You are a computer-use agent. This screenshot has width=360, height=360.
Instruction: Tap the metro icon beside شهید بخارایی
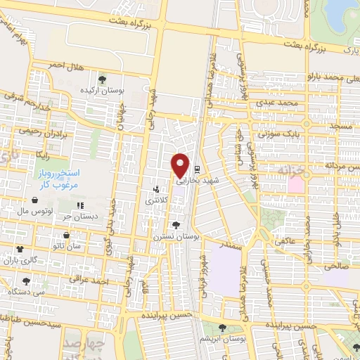point(197,169)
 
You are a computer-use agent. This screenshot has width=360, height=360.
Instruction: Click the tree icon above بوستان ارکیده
point(103,79)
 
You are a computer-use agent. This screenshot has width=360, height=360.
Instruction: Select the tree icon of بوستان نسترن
point(176,226)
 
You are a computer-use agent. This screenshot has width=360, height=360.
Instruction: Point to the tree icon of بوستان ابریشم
point(222,327)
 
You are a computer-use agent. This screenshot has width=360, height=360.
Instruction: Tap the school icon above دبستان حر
point(81,205)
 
